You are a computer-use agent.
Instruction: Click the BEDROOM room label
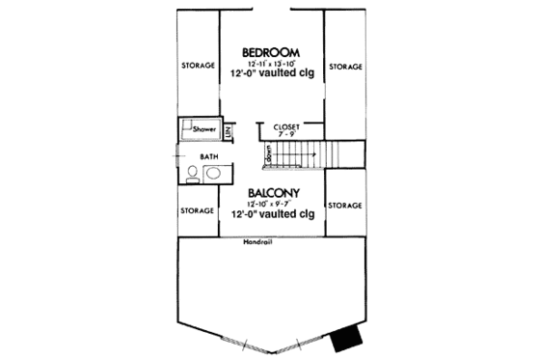click(x=269, y=51)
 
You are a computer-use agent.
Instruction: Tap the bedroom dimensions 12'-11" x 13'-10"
click(x=269, y=63)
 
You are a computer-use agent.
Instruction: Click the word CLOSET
click(x=287, y=126)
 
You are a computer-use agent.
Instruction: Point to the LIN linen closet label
click(x=229, y=129)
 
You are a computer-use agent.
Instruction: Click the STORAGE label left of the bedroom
click(x=199, y=67)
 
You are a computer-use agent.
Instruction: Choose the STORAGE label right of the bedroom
click(x=345, y=67)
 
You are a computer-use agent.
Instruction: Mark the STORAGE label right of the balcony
click(x=345, y=206)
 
